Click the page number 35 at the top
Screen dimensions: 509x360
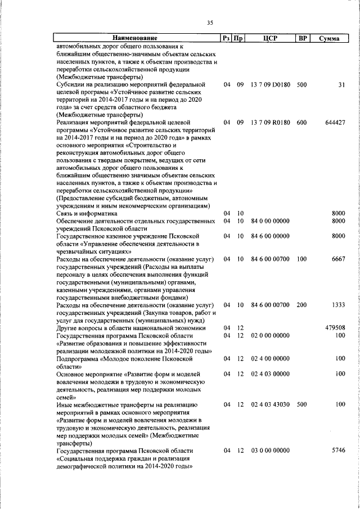tap(210, 22)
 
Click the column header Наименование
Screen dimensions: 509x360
tap(137, 38)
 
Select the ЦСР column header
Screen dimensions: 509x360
tap(271, 38)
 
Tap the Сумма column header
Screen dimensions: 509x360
tap(329, 39)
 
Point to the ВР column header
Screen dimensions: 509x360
tap(302, 38)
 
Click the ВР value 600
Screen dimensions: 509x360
tap(302, 123)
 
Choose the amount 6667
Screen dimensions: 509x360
tap(338, 259)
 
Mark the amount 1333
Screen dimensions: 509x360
tap(338, 305)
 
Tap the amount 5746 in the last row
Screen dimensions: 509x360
tap(338, 451)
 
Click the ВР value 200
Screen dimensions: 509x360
tap(302, 305)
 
